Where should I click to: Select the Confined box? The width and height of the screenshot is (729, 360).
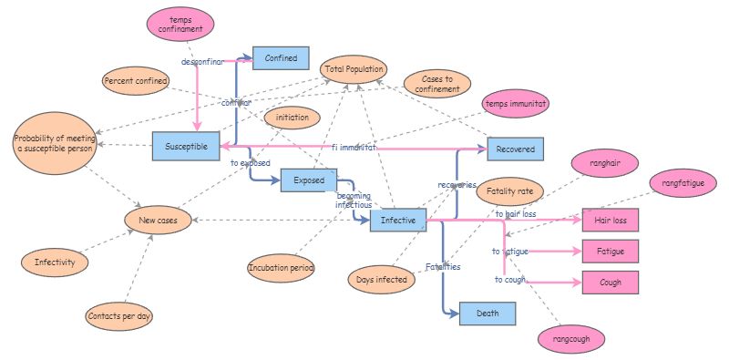tap(281, 58)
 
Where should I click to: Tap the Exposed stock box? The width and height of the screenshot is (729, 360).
tap(308, 180)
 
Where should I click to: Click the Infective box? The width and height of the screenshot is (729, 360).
tap(398, 220)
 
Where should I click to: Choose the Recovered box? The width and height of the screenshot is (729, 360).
tap(515, 149)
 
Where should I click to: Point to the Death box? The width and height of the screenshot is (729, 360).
tap(488, 314)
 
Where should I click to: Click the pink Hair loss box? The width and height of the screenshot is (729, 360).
tap(611, 220)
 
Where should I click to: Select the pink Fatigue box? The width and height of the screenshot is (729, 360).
tap(611, 251)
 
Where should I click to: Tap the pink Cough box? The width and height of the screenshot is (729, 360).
tap(611, 283)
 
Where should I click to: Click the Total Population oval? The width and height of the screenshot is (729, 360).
tap(354, 69)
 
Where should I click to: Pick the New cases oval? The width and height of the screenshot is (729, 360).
tap(158, 220)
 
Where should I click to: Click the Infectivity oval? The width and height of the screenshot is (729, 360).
tap(55, 262)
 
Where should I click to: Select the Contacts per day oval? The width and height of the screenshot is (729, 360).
tap(119, 316)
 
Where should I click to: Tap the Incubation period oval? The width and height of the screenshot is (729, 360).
tap(281, 268)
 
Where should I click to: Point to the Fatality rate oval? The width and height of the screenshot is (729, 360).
tap(509, 191)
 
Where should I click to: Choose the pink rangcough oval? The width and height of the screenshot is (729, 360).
tap(570, 339)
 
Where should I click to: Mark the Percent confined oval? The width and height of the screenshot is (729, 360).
tap(136, 82)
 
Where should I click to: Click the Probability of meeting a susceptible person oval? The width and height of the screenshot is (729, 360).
tap(55, 146)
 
